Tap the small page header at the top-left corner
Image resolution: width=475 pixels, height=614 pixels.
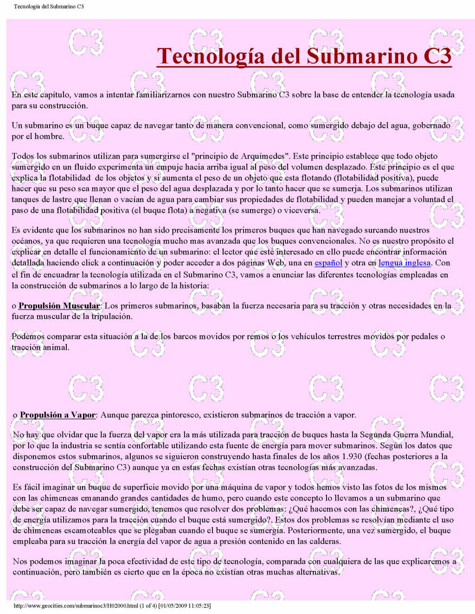pyautogui.click(x=49, y=6)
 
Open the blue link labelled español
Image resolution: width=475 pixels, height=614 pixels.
pyautogui.click(x=328, y=263)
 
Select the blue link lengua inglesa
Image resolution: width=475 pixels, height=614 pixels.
pyautogui.click(x=404, y=263)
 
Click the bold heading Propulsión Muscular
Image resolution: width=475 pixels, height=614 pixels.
pyautogui.click(x=59, y=306)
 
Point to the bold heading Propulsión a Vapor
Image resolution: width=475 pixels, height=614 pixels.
pyautogui.click(x=58, y=415)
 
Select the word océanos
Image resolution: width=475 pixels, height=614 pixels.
pyautogui.click(x=26, y=241)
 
